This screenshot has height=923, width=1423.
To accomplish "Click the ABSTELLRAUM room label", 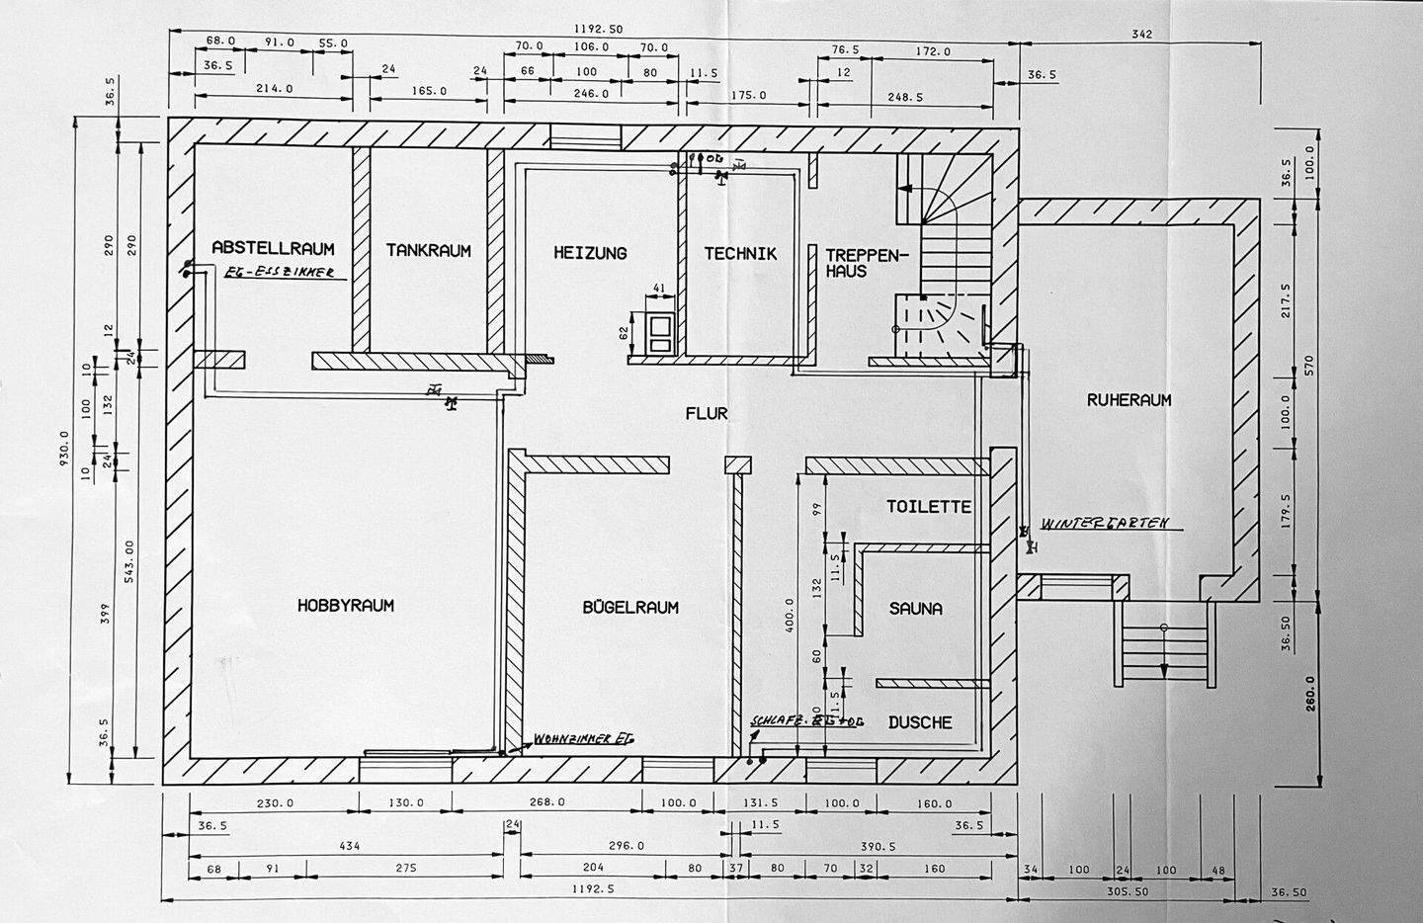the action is coord(273,248).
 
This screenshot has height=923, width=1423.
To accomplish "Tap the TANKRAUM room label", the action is coord(428,251).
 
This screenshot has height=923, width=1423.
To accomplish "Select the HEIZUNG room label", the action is coord(590,253).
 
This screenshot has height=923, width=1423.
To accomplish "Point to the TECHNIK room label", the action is coord(740,254).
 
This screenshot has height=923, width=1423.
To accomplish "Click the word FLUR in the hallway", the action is coord(707,413).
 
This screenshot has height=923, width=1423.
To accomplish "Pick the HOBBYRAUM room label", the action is coord(346,605).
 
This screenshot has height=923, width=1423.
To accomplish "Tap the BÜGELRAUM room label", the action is coord(630,607).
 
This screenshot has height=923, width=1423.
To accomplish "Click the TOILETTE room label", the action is coord(929,507).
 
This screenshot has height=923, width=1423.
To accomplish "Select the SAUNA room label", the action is coord(915,609).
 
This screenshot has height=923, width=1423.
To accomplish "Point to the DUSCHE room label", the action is coord(919,722).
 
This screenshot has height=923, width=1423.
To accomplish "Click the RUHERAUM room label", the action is coord(1129,400).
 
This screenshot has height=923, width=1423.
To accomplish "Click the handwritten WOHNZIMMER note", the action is coord(583,738).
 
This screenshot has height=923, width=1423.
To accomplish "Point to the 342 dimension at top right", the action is coord(1143,35).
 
